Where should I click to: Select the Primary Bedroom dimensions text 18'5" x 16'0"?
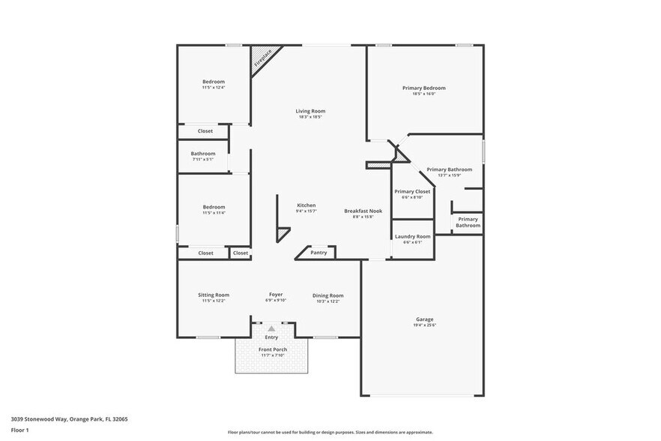(424, 94)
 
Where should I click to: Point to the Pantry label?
(319, 253)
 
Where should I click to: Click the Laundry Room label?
(412, 236)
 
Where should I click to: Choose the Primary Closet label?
(412, 191)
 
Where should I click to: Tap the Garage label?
(424, 319)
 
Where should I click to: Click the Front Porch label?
(273, 349)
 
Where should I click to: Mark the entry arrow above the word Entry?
(271, 328)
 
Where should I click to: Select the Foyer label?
(276, 295)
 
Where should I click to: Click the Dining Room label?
(328, 295)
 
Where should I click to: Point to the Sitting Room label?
(214, 295)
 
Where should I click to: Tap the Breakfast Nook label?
(363, 211)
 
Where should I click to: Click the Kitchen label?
(306, 205)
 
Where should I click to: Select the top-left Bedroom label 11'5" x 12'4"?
(213, 82)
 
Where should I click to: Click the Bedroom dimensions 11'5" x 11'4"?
(213, 213)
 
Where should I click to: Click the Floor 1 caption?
(19, 430)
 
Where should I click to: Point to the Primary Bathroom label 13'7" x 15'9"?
(449, 169)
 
